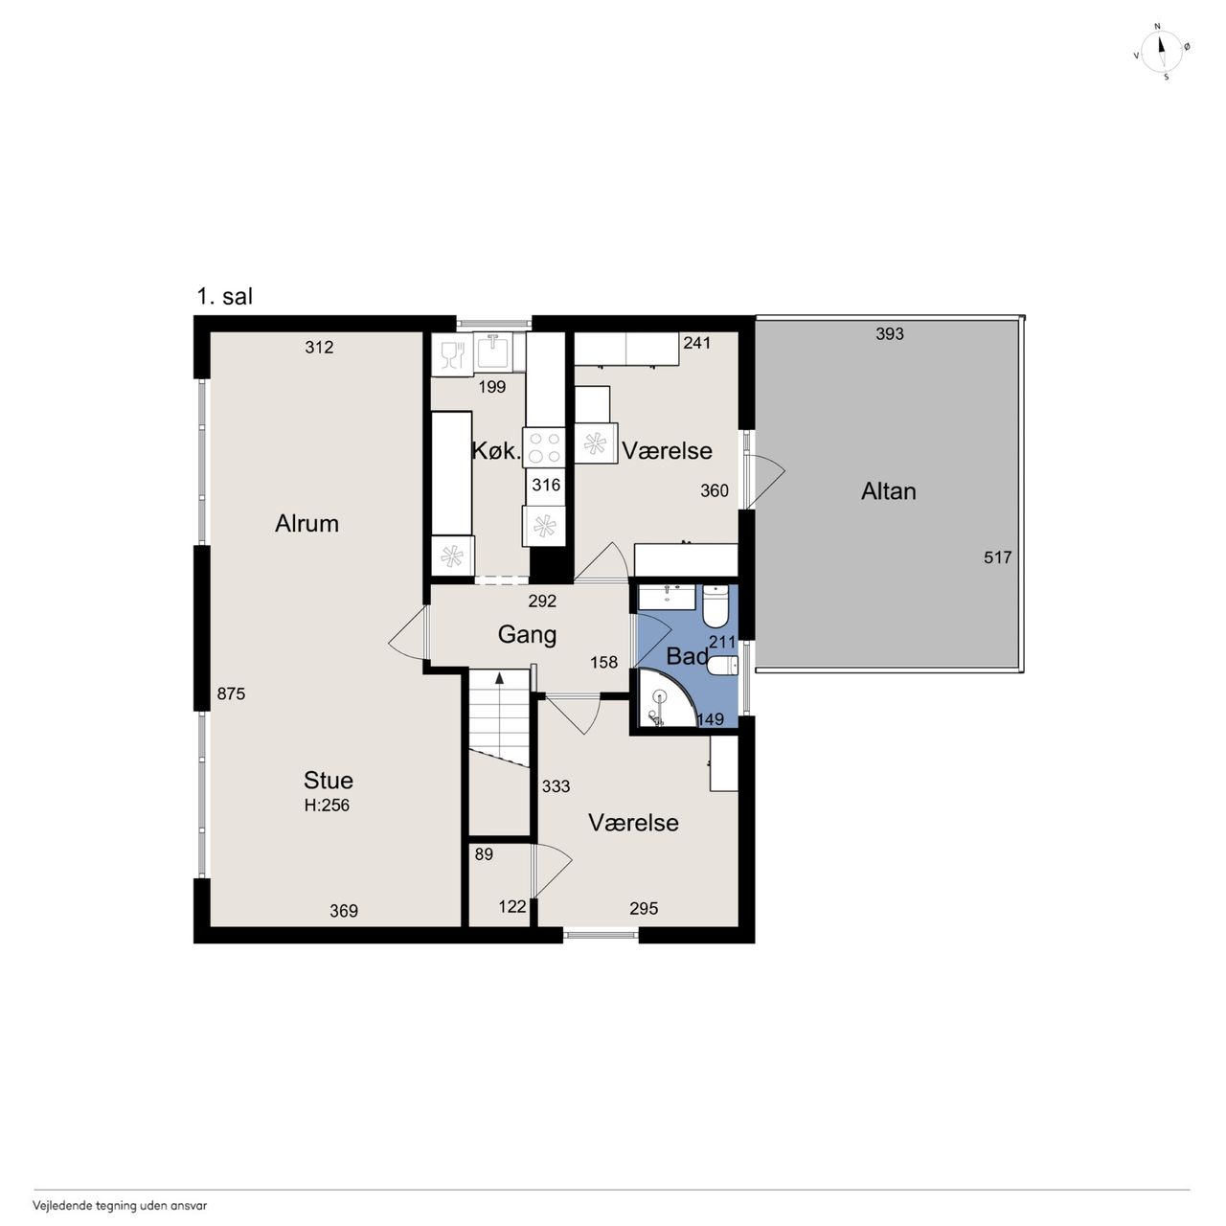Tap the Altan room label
(888, 491)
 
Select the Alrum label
(306, 524)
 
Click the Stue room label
(329, 781)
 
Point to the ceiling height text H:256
(327, 806)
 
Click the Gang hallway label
(527, 635)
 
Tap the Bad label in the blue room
(687, 656)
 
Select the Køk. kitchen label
(496, 451)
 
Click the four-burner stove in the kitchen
(544, 448)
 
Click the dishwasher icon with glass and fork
(452, 353)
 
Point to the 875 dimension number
(231, 693)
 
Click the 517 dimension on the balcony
(997, 557)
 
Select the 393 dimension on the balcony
(890, 333)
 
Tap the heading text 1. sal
(224, 297)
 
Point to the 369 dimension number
(344, 911)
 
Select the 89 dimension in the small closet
(484, 854)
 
